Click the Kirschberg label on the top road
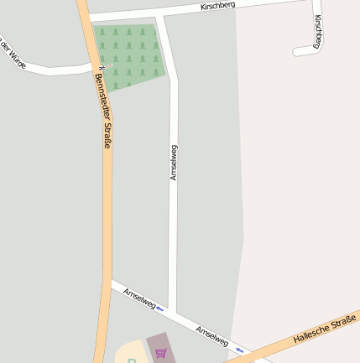click(218, 6)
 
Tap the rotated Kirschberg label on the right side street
click(319, 31)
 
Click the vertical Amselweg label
click(174, 163)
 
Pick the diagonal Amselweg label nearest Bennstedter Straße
click(139, 298)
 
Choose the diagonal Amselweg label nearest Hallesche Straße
click(211, 335)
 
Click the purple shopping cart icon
click(160, 352)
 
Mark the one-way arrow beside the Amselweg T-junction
click(159, 309)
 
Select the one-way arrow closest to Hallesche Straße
click(240, 349)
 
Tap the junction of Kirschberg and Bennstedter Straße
click(86, 17)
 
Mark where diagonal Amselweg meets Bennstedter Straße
click(110, 283)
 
